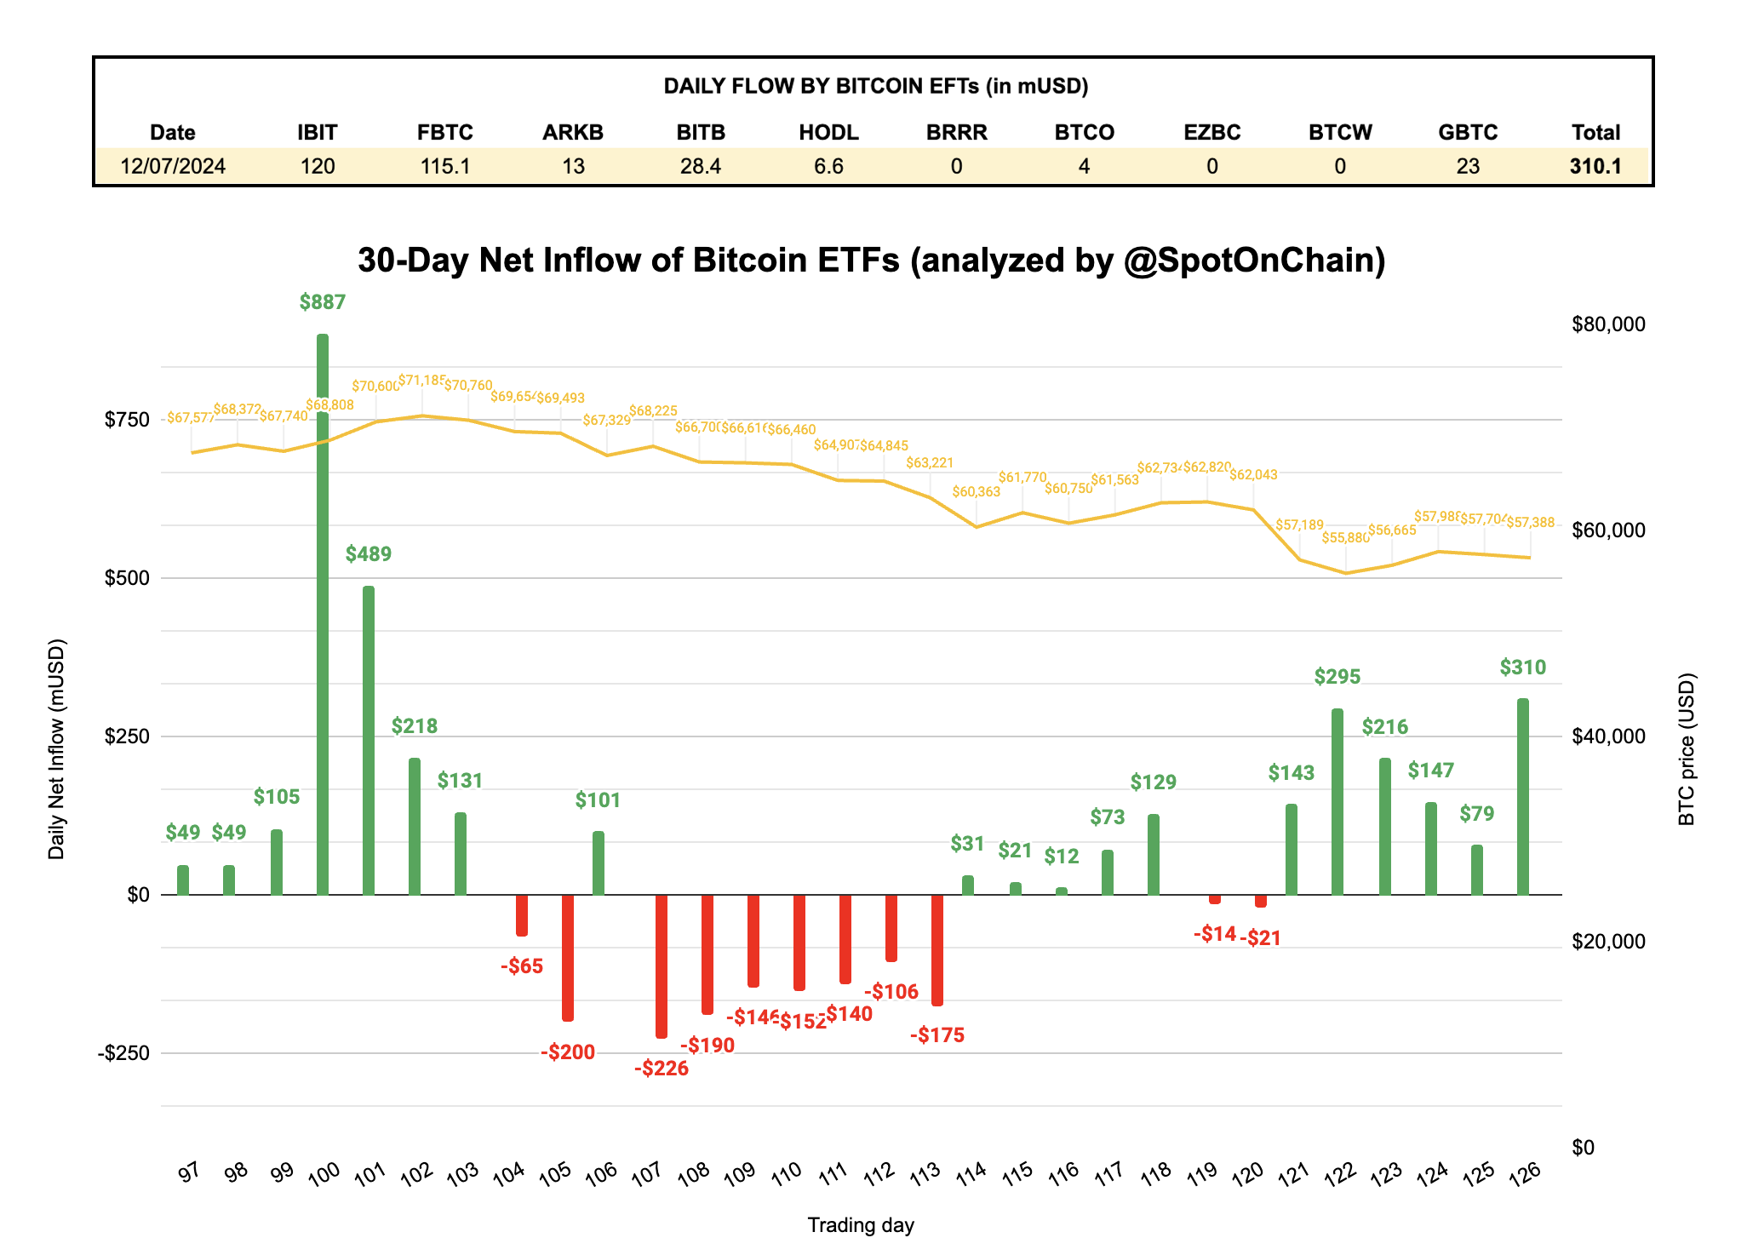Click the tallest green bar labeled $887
coord(323,613)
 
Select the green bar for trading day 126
coord(1522,796)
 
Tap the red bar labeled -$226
coord(662,966)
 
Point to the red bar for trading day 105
coord(568,957)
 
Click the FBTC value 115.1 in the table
coord(445,166)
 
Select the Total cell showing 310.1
coord(1595,166)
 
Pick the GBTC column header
coord(1468,133)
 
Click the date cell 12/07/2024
coord(173,166)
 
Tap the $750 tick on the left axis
coord(127,420)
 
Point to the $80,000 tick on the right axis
coord(1608,324)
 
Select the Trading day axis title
coord(860,1225)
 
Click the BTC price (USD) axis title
coord(1687,749)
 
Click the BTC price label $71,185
coord(421,380)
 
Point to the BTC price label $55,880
coord(1345,538)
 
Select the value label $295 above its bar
coord(1337,677)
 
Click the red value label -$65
coord(522,966)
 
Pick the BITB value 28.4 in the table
coord(701,166)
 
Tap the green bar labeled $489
coord(369,741)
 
